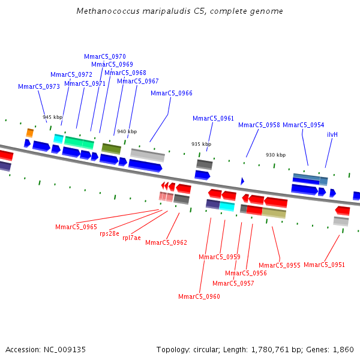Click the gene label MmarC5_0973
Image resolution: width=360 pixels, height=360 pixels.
tap(39, 86)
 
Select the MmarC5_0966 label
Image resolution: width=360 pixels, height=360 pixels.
tap(172, 93)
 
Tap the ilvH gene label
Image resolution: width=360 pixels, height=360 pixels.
tap(332, 134)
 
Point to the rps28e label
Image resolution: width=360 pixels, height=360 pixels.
tap(109, 233)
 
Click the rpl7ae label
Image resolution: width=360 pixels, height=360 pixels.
tap(131, 238)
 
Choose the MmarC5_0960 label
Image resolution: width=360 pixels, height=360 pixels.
tap(199, 296)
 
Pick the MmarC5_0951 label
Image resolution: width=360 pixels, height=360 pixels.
tap(324, 265)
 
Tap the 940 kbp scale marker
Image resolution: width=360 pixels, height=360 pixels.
tap(127, 131)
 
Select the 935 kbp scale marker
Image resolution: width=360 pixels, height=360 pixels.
tap(201, 144)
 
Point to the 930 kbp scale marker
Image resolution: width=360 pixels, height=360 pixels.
tap(275, 155)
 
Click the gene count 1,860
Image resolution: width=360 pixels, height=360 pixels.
tap(343, 350)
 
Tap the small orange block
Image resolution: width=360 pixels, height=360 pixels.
tap(29, 133)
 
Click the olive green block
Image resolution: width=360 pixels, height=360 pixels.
tap(111, 148)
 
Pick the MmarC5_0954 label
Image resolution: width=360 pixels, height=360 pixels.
tap(303, 125)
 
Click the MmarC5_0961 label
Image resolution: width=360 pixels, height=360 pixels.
tap(213, 118)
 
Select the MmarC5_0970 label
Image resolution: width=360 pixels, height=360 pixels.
tap(105, 56)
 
